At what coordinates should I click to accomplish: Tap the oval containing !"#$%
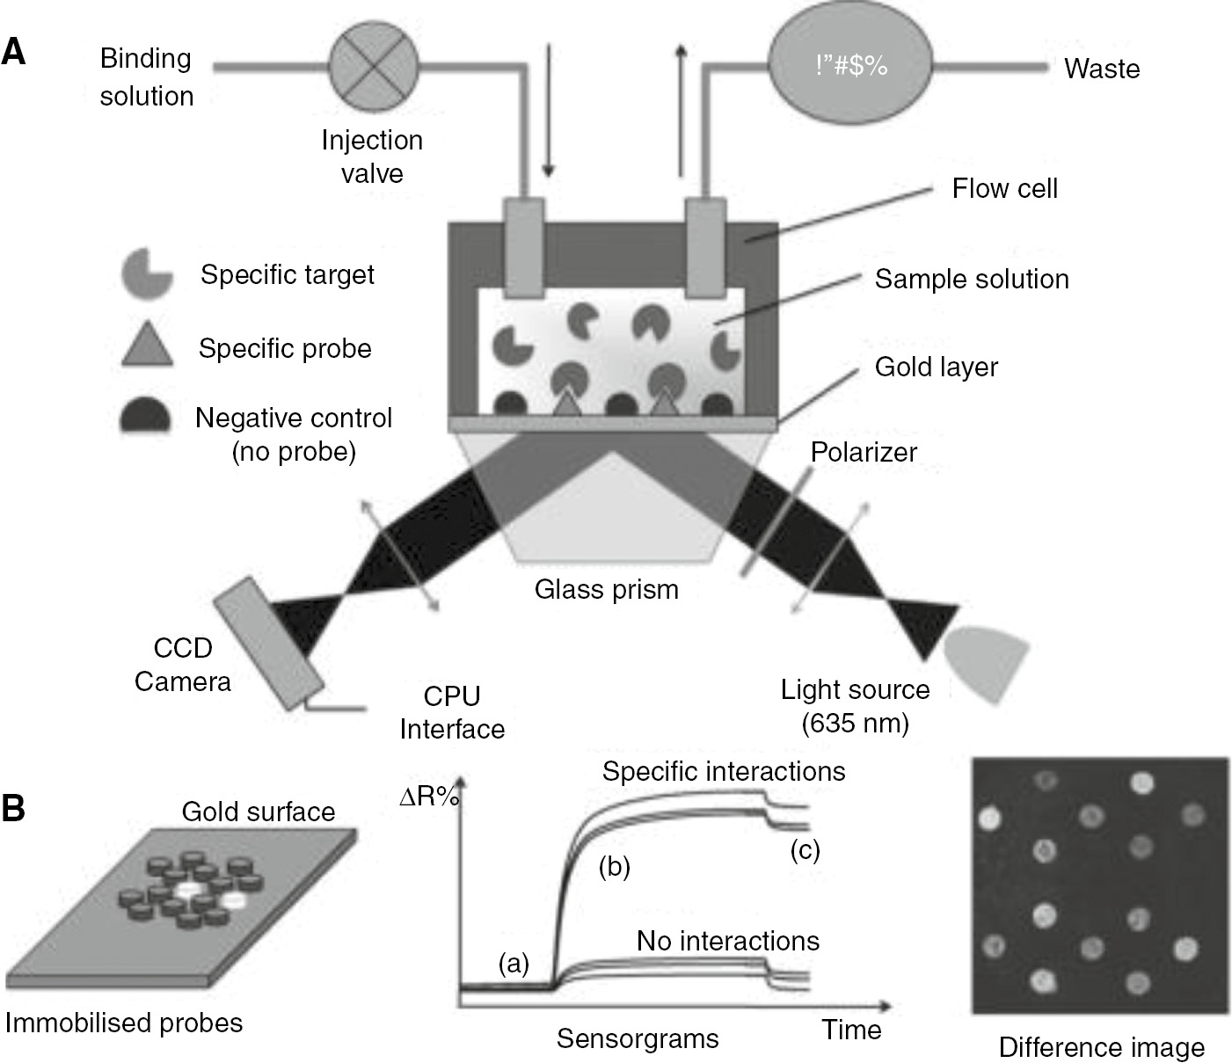(849, 66)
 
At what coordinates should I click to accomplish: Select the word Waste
(1101, 69)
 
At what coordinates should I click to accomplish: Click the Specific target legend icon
(146, 273)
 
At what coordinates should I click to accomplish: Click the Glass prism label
(607, 588)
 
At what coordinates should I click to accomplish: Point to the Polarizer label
(863, 452)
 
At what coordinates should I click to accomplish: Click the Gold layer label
(936, 367)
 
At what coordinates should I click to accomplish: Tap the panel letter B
(14, 810)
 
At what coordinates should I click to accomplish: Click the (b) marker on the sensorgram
(614, 867)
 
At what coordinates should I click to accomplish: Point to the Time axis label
(851, 1030)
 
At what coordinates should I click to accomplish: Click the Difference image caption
(1101, 1047)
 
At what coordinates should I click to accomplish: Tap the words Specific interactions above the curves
(724, 771)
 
